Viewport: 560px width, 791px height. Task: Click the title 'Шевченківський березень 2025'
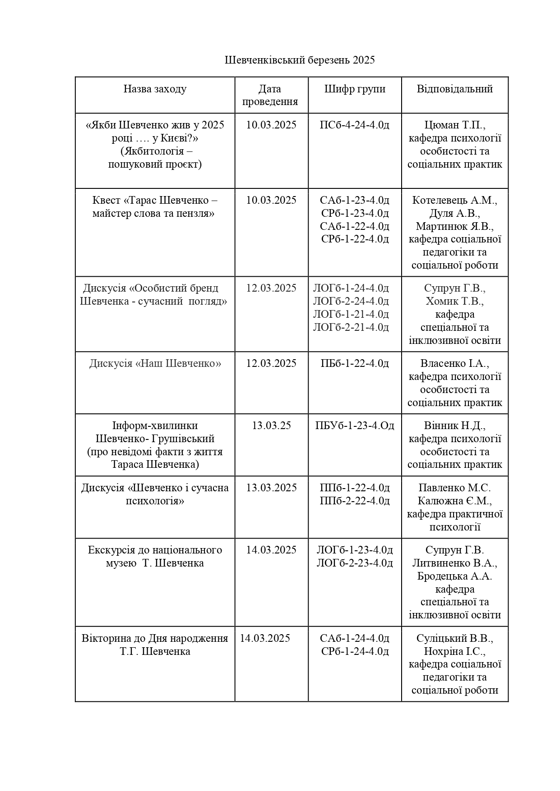tap(300, 60)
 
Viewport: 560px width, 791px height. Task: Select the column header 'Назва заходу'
tap(155, 89)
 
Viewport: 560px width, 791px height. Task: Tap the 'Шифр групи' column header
tap(355, 89)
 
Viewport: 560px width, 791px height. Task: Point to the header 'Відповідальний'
tap(454, 89)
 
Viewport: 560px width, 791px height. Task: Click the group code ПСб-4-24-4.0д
tap(355, 125)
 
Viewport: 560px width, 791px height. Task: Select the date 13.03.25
tap(271, 425)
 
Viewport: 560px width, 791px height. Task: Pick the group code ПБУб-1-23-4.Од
tap(355, 425)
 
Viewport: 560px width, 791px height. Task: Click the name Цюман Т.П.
tap(454, 125)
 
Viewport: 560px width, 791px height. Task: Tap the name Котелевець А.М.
tap(454, 200)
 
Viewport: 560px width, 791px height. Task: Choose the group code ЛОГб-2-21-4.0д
tap(351, 327)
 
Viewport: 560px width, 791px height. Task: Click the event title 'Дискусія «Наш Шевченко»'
tap(155, 363)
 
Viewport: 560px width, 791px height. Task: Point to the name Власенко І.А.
tap(454, 363)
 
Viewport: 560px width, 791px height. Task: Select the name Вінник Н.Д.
tap(454, 425)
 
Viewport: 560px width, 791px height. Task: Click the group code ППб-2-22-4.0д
tap(355, 501)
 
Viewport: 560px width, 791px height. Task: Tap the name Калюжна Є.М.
tap(454, 501)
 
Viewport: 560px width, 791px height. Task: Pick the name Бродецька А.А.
tap(454, 576)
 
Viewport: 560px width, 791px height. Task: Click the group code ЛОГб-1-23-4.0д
tap(355, 550)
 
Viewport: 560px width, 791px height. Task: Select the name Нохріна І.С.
tap(454, 651)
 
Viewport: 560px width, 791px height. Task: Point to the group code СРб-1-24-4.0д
tap(355, 651)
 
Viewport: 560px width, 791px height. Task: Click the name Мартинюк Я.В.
tap(454, 226)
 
